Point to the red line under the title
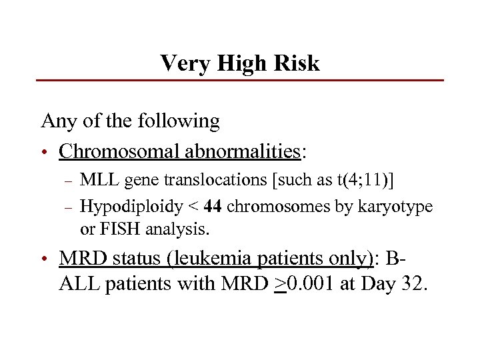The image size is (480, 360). point(240,81)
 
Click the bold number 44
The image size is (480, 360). point(213,207)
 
